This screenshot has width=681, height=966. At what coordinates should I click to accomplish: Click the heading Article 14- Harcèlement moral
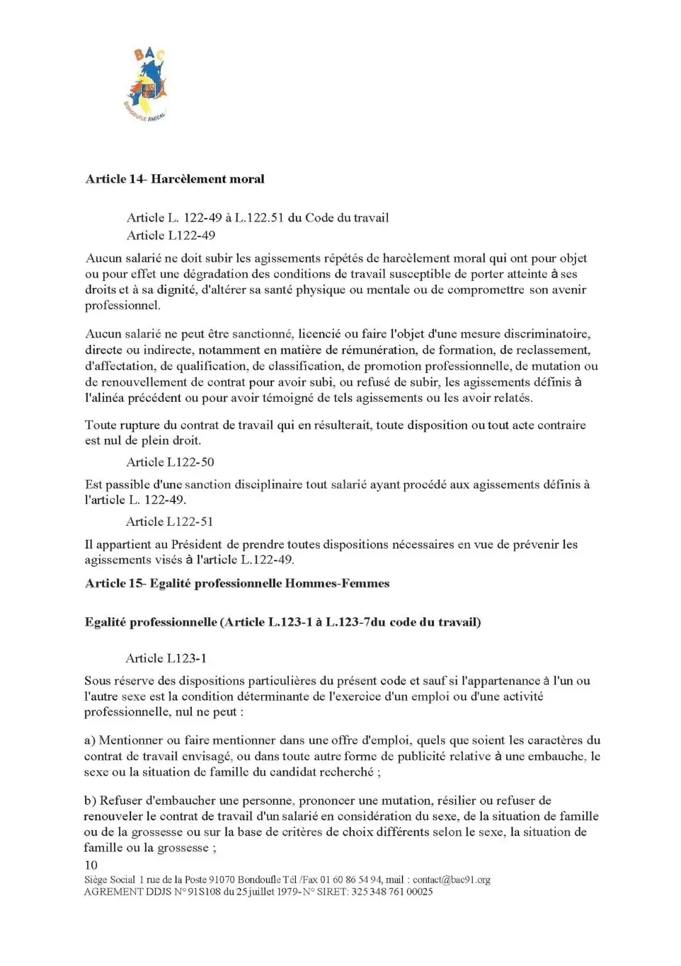click(174, 179)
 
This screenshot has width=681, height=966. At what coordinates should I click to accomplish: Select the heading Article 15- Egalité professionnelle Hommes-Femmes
click(237, 584)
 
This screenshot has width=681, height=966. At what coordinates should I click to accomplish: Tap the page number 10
click(91, 865)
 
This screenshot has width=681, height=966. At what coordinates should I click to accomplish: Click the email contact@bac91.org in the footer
click(451, 880)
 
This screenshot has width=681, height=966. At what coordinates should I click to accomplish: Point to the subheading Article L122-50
click(170, 462)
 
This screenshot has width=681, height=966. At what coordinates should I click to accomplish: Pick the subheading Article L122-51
click(169, 522)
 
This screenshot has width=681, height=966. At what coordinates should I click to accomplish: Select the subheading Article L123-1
click(166, 658)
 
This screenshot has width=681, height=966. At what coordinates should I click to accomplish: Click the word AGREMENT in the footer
click(114, 892)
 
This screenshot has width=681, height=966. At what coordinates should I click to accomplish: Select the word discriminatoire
click(546, 334)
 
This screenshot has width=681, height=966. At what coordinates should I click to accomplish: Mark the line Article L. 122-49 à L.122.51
click(257, 218)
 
